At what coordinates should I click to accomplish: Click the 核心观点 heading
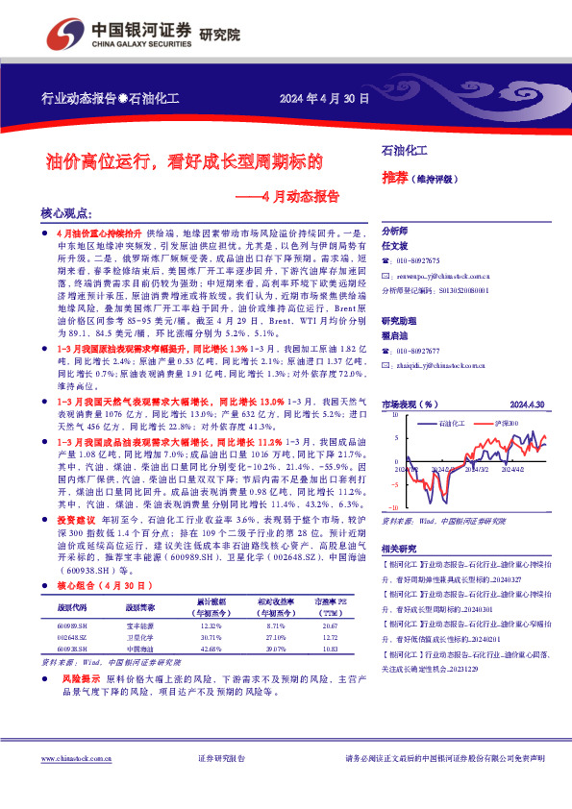(x=66, y=213)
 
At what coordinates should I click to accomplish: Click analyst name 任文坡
(x=395, y=244)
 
